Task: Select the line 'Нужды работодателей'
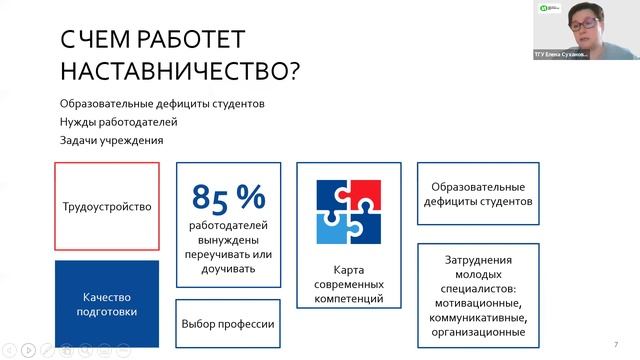click(118, 122)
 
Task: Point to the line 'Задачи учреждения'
click(111, 140)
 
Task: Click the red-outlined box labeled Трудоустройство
click(106, 206)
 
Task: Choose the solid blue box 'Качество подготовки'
click(106, 303)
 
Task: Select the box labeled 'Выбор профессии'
click(228, 324)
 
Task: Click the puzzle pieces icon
click(348, 212)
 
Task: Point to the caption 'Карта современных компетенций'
click(348, 284)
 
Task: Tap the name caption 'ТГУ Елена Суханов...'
click(561, 55)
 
